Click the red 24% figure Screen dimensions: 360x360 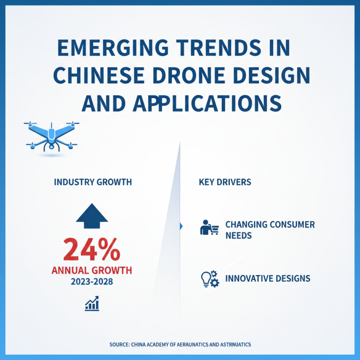click(92, 249)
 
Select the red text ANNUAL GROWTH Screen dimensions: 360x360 click(92, 270)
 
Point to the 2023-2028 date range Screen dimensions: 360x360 click(92, 282)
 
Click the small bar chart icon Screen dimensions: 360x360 click(92, 304)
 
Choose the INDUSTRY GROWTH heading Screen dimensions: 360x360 click(93, 183)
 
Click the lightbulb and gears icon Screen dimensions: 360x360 click(209, 279)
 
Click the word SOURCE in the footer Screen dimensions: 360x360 click(119, 344)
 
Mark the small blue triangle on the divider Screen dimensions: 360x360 click(181, 226)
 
